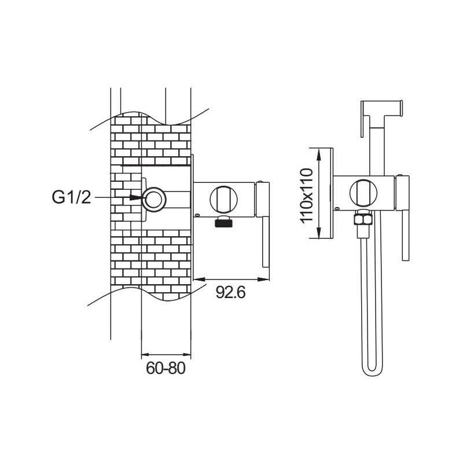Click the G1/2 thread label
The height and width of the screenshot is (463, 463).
pos(70,197)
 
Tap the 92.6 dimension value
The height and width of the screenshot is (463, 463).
pos(231,292)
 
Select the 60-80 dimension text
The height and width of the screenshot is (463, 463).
pos(166,369)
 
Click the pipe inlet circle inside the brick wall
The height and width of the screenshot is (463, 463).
pos(155,199)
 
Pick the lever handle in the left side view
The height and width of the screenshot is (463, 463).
pos(265,231)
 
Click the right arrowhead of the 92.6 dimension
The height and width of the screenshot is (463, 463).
pos(267,280)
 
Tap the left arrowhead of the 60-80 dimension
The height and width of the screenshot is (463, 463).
pos(145,353)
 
